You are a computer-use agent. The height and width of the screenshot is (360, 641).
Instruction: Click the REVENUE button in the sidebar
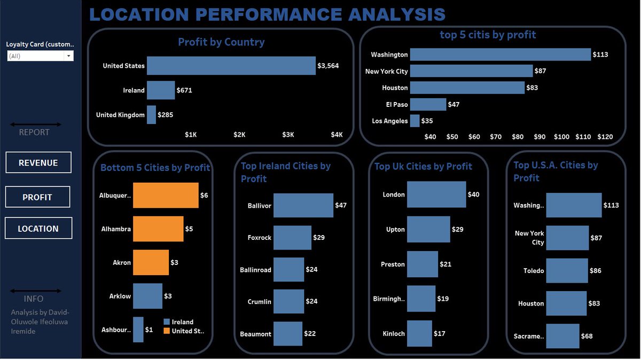(x=38, y=163)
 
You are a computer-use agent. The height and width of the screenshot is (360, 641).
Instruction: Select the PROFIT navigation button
(x=37, y=197)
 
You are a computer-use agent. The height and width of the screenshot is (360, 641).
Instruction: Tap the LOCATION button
(x=38, y=229)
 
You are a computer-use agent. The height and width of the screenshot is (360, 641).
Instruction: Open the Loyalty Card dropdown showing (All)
(x=40, y=56)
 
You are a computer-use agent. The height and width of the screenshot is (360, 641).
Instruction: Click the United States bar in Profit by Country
(x=231, y=66)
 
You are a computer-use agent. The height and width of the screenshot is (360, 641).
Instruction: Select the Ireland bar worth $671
(x=160, y=90)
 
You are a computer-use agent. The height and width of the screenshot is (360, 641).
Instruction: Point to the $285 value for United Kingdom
(x=165, y=115)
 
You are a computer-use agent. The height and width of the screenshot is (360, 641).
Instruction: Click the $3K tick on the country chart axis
(x=288, y=135)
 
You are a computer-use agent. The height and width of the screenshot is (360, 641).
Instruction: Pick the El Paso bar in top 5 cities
(x=428, y=104)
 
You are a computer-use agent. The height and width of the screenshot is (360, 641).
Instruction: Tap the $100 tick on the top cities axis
(x=561, y=137)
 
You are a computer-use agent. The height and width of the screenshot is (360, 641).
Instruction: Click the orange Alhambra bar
(x=158, y=229)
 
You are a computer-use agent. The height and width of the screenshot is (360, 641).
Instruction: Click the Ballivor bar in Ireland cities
(x=303, y=206)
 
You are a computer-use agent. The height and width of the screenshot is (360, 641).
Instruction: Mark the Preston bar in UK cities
(x=422, y=264)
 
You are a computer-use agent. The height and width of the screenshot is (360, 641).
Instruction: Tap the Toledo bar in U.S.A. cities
(x=567, y=271)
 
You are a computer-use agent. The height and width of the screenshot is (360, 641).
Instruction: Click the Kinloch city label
(x=394, y=334)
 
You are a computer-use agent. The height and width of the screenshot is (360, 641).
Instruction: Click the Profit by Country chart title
(x=221, y=42)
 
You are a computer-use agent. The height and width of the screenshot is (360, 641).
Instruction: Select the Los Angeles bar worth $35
(x=415, y=121)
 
